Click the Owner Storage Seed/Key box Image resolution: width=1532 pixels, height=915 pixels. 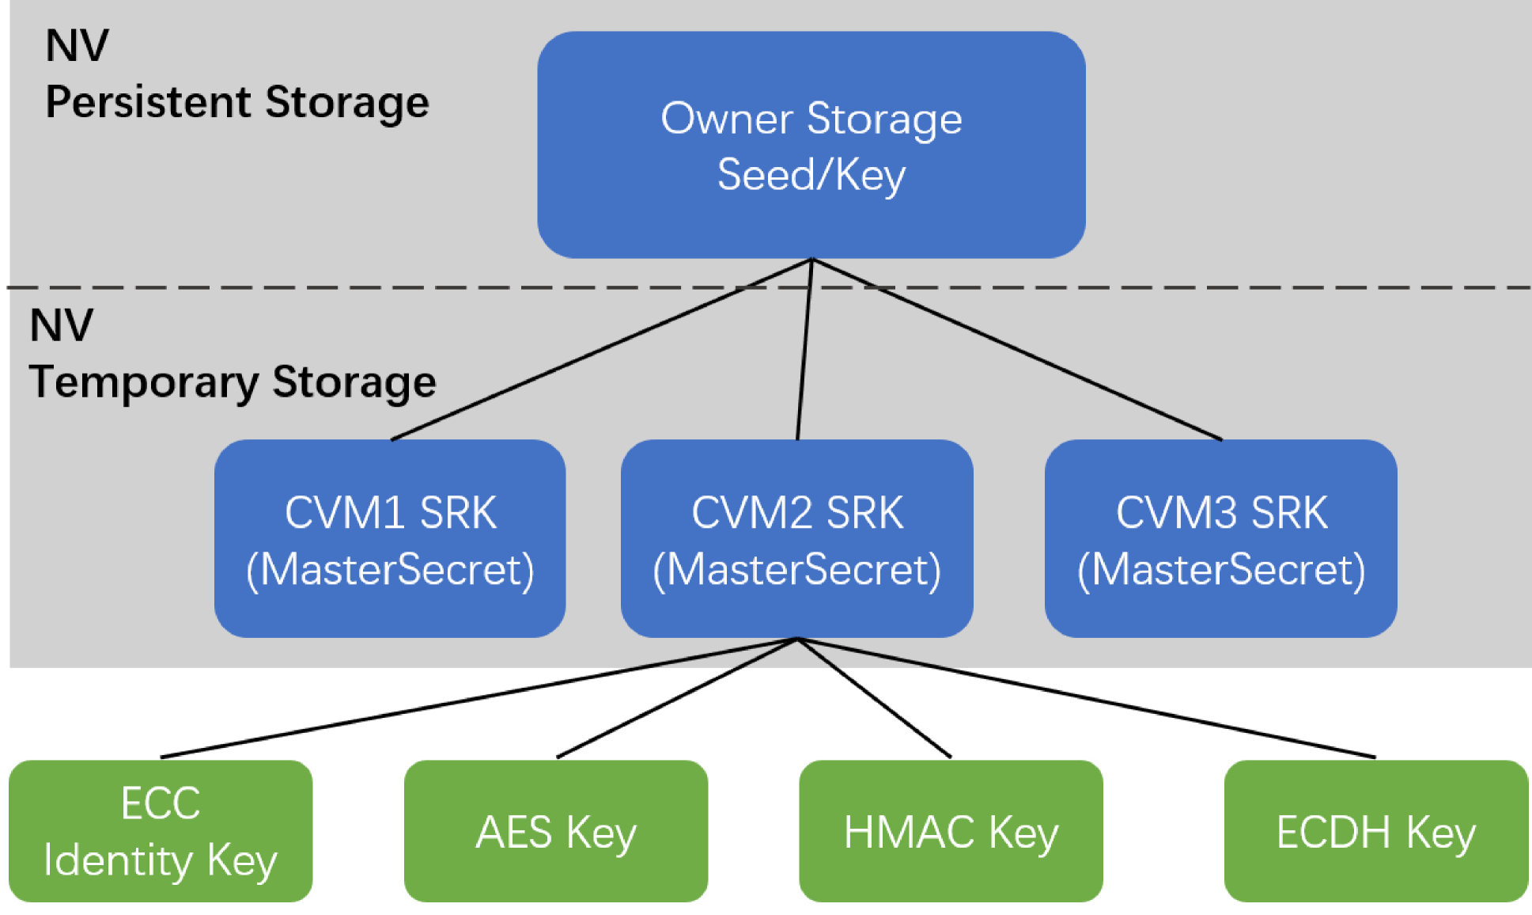pos(811,145)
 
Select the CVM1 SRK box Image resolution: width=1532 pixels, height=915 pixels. pos(390,538)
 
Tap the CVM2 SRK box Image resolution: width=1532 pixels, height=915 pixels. pos(797,538)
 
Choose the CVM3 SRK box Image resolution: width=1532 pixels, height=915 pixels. pos(1221,538)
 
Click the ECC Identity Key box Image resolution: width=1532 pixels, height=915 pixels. pos(161,831)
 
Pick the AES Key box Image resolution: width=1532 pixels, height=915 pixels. pos(556,831)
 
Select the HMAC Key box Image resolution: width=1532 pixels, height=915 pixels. pos(951,831)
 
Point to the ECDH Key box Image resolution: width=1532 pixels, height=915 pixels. pos(1376,831)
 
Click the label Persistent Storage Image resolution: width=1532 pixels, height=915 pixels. pos(237,103)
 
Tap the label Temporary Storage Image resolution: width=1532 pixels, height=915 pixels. pos(233,382)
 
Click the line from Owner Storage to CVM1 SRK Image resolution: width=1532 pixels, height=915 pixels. pos(601,349)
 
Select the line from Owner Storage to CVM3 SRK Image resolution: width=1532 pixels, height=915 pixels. pos(1017,349)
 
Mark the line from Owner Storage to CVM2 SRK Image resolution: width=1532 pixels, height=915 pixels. pos(804,349)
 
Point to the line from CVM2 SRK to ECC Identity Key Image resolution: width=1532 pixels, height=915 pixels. pos(479,697)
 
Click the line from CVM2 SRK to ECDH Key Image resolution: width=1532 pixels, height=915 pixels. pos(1088,697)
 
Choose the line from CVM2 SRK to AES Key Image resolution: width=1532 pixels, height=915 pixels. pos(678,697)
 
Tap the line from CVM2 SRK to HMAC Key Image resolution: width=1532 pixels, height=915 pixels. pos(875,697)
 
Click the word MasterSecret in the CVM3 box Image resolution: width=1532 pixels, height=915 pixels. pos(1221,570)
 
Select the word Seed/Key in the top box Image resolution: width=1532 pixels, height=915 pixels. pos(811,175)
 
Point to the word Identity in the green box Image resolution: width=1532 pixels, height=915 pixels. pos(117,861)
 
